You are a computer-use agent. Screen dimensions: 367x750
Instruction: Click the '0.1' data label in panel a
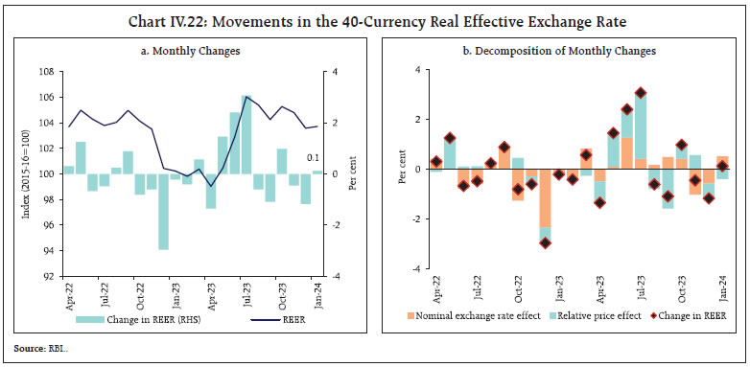(x=313, y=157)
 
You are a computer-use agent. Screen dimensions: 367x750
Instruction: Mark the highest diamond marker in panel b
(x=641, y=93)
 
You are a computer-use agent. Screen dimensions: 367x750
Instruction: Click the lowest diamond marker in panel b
(x=545, y=242)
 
